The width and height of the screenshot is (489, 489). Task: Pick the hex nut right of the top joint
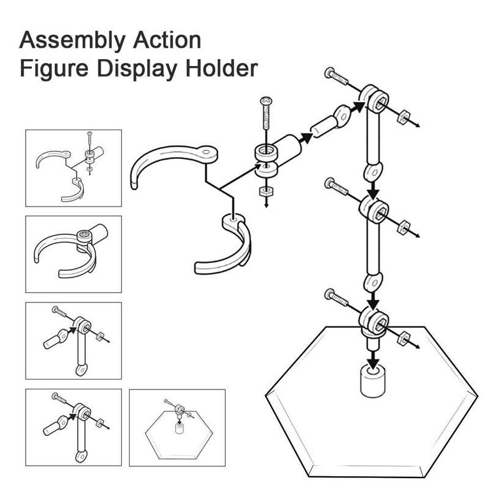tap(403, 117)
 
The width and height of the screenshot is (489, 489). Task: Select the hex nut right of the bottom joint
tap(403, 339)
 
